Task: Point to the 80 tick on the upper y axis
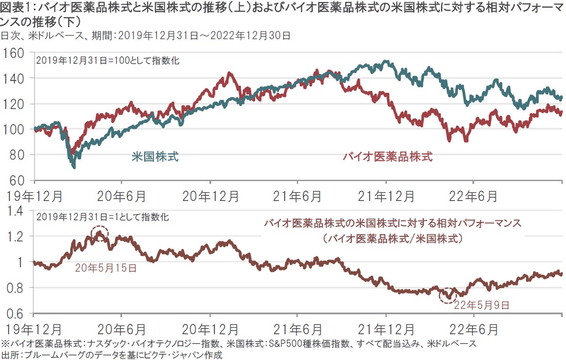(x=18, y=155)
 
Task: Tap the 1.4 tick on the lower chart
(x=15, y=210)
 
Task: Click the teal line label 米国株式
(x=155, y=157)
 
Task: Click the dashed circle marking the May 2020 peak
(x=99, y=233)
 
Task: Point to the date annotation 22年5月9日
(x=482, y=305)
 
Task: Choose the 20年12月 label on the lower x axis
(x=210, y=327)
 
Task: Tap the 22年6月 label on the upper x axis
(x=474, y=195)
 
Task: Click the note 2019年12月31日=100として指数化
(x=108, y=60)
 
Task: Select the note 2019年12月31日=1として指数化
(x=101, y=218)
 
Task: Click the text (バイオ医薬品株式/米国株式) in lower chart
(x=392, y=238)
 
